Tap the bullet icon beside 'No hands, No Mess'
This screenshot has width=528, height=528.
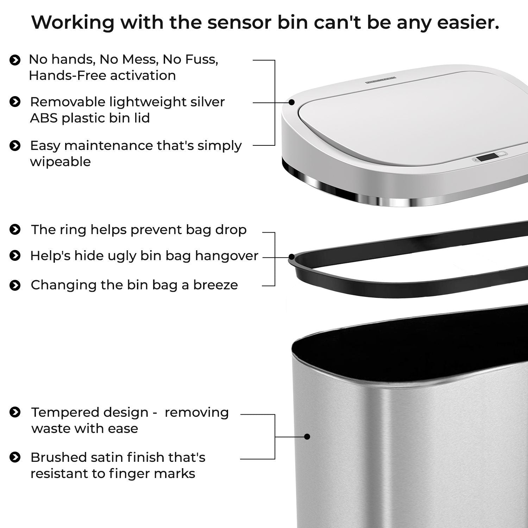coord(15,60)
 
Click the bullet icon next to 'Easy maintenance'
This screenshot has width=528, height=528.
coord(15,146)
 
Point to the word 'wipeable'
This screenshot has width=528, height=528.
coord(60,162)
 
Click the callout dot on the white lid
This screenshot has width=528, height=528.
coord(291,102)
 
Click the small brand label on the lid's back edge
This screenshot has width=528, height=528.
coord(381,79)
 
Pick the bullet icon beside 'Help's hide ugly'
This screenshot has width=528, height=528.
coord(15,256)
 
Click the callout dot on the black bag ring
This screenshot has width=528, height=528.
coord(291,257)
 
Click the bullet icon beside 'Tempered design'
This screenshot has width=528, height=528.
coord(15,412)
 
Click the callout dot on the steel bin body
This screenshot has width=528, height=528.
coord(307,437)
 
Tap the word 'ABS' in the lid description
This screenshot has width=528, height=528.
coord(44,118)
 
